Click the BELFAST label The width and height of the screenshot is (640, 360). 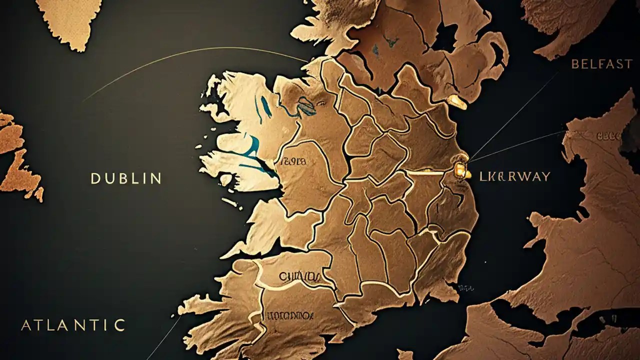coord(602,63)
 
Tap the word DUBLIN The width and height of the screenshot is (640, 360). coord(126,178)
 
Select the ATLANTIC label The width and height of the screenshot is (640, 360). coord(72,325)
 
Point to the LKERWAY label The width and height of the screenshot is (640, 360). coord(514,176)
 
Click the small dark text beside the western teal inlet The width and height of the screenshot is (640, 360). coord(294,161)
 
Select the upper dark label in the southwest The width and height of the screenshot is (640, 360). coord(299,276)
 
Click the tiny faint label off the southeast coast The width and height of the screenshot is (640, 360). coord(466,288)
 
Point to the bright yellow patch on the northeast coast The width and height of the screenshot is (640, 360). coord(457,101)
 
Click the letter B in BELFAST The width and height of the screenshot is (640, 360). coord(575,63)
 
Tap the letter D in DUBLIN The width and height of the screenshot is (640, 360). coord(95,178)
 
